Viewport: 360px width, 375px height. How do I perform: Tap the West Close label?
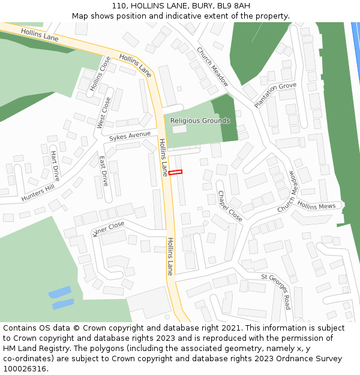[104, 113]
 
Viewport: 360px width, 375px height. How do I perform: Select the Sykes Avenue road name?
[130, 136]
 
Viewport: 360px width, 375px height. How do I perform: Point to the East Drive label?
[103, 170]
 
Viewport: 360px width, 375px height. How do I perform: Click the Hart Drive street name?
[55, 166]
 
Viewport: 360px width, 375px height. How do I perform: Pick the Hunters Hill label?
[37, 193]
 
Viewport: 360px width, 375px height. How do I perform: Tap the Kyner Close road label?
[109, 228]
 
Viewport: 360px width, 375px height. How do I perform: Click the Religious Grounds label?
[200, 121]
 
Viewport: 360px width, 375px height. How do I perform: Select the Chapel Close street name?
[230, 206]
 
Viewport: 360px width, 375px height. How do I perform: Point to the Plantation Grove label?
[275, 95]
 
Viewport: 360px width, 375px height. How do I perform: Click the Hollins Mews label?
[316, 206]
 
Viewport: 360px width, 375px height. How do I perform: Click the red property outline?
[175, 173]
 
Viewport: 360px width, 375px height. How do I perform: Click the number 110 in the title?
[119, 6]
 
